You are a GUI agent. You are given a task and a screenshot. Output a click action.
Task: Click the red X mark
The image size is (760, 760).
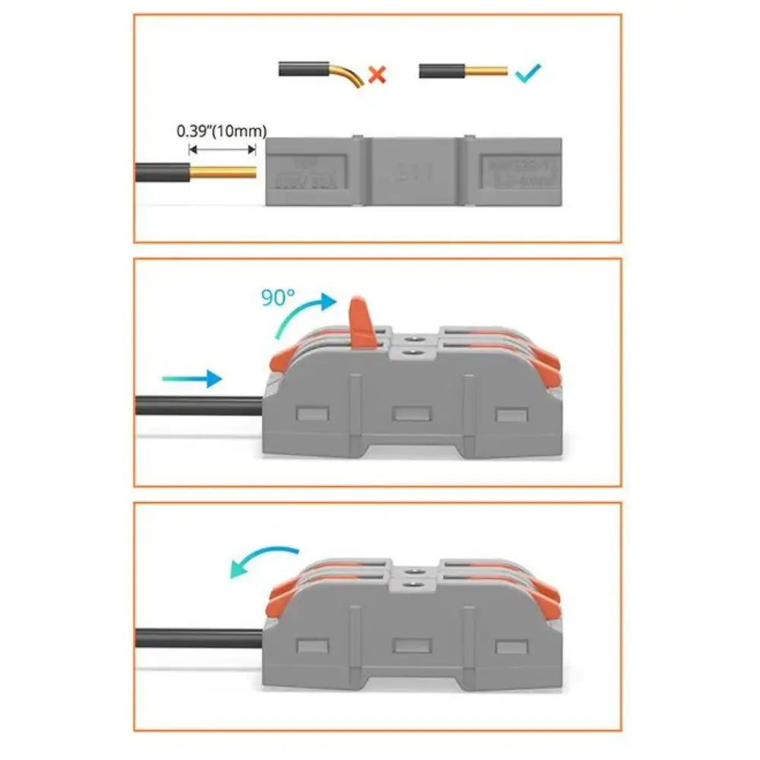coord(377,74)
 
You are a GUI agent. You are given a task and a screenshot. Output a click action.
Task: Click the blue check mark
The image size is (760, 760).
coord(527,74)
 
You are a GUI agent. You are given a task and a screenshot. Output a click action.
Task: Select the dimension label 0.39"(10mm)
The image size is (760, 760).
coord(221,130)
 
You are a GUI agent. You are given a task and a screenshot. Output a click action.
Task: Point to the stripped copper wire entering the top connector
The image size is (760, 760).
coord(223,171)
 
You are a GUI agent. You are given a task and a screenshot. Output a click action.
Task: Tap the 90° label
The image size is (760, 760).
coord(278,297)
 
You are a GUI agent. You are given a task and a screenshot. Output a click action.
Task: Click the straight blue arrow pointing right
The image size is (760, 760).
coord(192,377)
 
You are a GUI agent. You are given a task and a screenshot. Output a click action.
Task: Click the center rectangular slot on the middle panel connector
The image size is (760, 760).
coord(411,413)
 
